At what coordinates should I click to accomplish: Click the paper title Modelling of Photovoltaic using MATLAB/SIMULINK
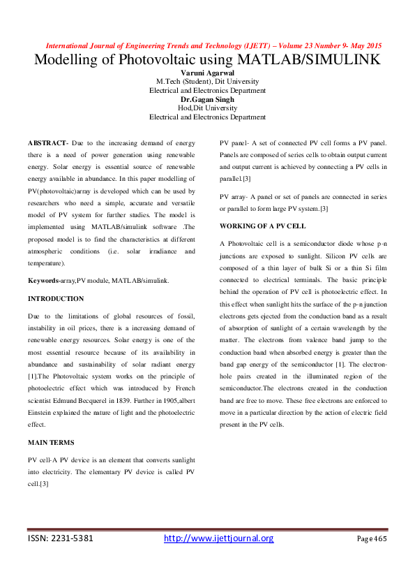(x=207, y=59)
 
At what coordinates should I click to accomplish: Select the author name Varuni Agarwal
(x=207, y=73)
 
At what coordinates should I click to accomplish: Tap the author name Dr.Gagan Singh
(x=207, y=99)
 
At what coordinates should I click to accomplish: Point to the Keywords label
(x=43, y=280)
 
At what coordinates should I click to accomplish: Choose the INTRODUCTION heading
(x=56, y=298)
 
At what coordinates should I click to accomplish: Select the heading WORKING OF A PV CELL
(x=262, y=226)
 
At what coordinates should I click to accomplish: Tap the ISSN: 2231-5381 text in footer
(x=61, y=538)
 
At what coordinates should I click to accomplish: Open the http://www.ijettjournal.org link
(x=218, y=538)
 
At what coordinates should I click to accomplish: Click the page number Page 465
(x=371, y=539)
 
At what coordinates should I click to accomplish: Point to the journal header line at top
(x=207, y=45)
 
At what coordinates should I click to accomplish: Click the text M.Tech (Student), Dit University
(x=207, y=82)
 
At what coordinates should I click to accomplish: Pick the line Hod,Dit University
(x=207, y=108)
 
